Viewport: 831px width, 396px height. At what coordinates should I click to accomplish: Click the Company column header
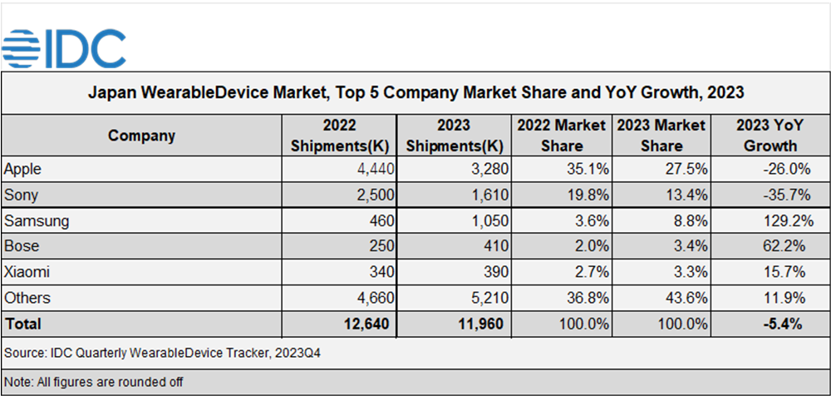click(x=141, y=136)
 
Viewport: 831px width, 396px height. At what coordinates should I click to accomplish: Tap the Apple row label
click(x=22, y=169)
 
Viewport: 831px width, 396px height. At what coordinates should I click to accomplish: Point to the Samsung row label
click(x=36, y=221)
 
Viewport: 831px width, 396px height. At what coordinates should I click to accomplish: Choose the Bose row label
click(x=22, y=247)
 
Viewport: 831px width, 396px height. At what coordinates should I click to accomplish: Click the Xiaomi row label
click(x=27, y=273)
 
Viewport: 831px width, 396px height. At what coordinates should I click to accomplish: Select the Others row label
click(x=27, y=298)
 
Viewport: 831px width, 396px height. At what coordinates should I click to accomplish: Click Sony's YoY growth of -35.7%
click(x=781, y=195)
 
